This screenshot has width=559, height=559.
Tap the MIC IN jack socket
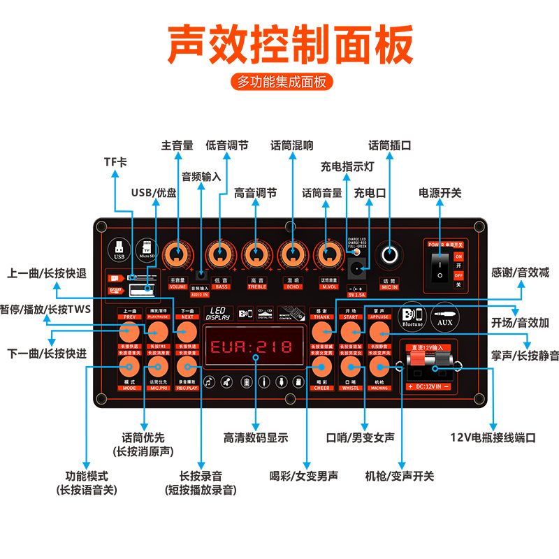[x=389, y=255]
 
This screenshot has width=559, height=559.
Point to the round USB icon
[x=119, y=248]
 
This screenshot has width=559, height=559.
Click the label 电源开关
[x=440, y=193]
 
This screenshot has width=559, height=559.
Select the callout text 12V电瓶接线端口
[x=493, y=438]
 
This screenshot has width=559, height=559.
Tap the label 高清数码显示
[x=256, y=438]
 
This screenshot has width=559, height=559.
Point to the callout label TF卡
[x=116, y=161]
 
